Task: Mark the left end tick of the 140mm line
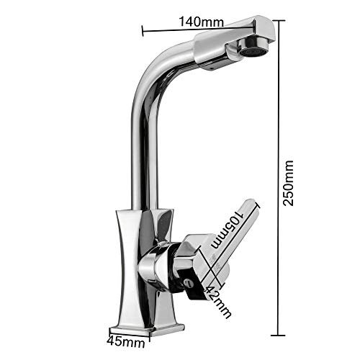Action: click(x=143, y=30)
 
